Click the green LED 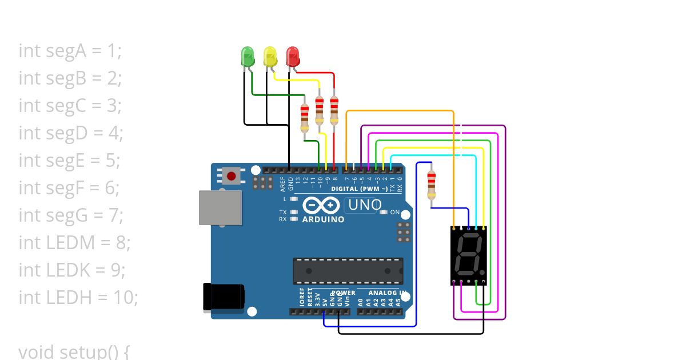coord(248,56)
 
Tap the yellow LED coord(270,56)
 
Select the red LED coord(293,56)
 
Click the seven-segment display coord(469,254)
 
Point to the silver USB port coord(219,207)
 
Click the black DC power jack coord(223,297)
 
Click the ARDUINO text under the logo coord(323,219)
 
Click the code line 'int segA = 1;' coord(70,51)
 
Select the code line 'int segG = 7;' coord(71,215)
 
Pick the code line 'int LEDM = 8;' coord(74,243)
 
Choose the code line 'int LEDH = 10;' coord(78,298)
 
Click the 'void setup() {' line coord(74,351)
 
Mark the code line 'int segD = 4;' coord(71,133)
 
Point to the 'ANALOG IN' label coord(388,293)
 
